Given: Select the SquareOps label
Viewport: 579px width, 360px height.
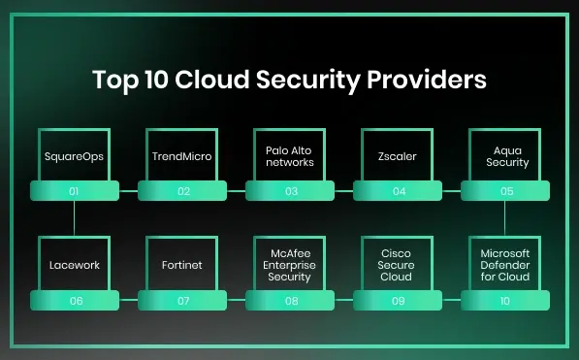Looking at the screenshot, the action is (x=75, y=155).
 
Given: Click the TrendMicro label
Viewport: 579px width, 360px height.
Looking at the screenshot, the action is (x=182, y=155).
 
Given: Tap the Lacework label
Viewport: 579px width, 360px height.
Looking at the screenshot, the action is (x=75, y=264).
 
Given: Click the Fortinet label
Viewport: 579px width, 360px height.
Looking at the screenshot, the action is (x=182, y=264).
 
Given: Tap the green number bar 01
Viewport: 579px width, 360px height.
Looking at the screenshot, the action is (x=75, y=191).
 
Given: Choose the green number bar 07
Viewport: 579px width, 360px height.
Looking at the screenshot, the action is (x=182, y=300).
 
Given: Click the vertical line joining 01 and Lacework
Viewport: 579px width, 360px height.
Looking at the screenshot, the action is (x=75, y=217).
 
